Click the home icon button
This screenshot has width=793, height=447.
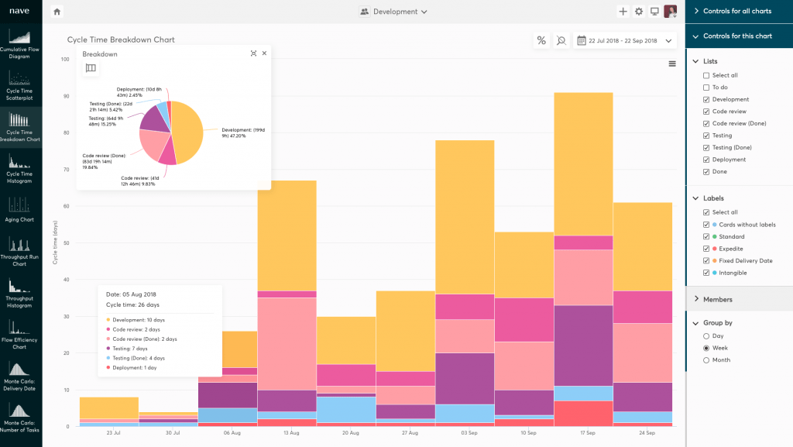(x=57, y=12)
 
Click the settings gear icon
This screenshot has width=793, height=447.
(x=639, y=12)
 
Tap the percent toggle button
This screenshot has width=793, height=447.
(x=541, y=40)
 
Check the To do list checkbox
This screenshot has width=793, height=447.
(x=705, y=88)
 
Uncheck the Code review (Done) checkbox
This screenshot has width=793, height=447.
(x=705, y=123)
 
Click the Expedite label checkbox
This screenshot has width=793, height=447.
(x=705, y=249)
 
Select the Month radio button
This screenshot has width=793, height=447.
(x=705, y=360)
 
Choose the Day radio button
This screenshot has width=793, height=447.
(x=705, y=336)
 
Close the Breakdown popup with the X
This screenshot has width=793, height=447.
(x=264, y=53)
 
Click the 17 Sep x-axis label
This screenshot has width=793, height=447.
(x=583, y=432)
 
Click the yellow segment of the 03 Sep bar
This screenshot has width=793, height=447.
(x=465, y=217)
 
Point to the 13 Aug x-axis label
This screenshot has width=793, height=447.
(x=287, y=432)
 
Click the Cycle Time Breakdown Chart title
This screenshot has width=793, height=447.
(x=121, y=40)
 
